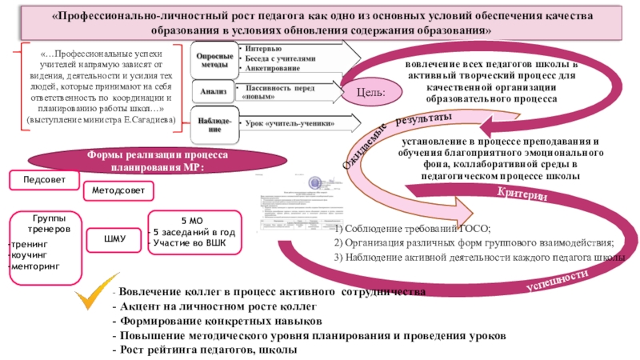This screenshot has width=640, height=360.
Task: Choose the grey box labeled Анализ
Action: [214, 92]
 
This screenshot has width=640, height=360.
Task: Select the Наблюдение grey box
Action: [214, 124]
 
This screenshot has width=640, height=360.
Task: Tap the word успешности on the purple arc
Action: [552, 280]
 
